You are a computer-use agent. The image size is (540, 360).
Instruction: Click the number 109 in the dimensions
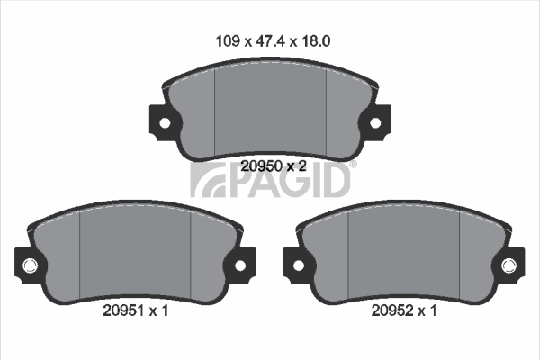point(228,40)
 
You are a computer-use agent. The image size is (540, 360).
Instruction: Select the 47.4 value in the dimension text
point(269,40)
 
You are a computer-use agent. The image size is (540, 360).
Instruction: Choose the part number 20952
point(391,311)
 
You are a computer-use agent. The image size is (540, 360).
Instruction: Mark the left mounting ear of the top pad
point(161,121)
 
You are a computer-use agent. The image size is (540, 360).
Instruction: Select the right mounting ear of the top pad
point(377,121)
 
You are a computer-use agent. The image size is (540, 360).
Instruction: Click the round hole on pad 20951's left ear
point(30,265)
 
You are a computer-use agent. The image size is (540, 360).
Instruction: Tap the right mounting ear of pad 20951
point(240,265)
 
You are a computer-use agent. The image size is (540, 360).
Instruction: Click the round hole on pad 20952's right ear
point(509,265)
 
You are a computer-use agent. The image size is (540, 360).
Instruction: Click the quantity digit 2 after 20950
point(303,166)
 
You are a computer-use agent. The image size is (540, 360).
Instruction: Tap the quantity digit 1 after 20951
point(166,311)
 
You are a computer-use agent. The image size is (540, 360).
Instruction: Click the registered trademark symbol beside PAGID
point(353,165)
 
